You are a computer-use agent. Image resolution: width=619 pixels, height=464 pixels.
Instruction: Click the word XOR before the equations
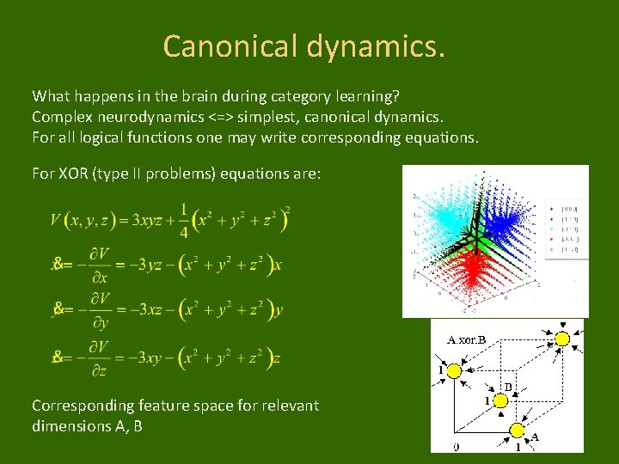(75, 174)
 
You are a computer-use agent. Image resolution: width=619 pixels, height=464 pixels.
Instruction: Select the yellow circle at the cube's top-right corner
(561, 339)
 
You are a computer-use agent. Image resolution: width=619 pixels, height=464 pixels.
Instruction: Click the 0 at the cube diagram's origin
(457, 445)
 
